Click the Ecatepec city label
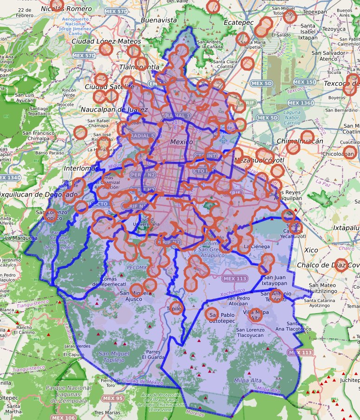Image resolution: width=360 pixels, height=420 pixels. [225, 21]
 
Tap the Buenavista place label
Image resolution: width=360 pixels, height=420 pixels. [159, 20]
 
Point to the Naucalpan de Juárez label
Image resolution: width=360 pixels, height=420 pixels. [114, 110]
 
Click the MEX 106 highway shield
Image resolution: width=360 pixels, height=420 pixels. [63, 417]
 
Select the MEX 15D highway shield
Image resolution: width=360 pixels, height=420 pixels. [305, 82]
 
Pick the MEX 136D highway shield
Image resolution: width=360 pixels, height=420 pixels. [301, 103]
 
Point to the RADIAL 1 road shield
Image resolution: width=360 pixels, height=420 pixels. [177, 115]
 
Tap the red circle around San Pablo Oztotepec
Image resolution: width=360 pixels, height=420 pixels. [212, 315]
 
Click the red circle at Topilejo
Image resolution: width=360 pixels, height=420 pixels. [176, 308]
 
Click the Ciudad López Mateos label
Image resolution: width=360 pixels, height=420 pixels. [106, 41]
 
